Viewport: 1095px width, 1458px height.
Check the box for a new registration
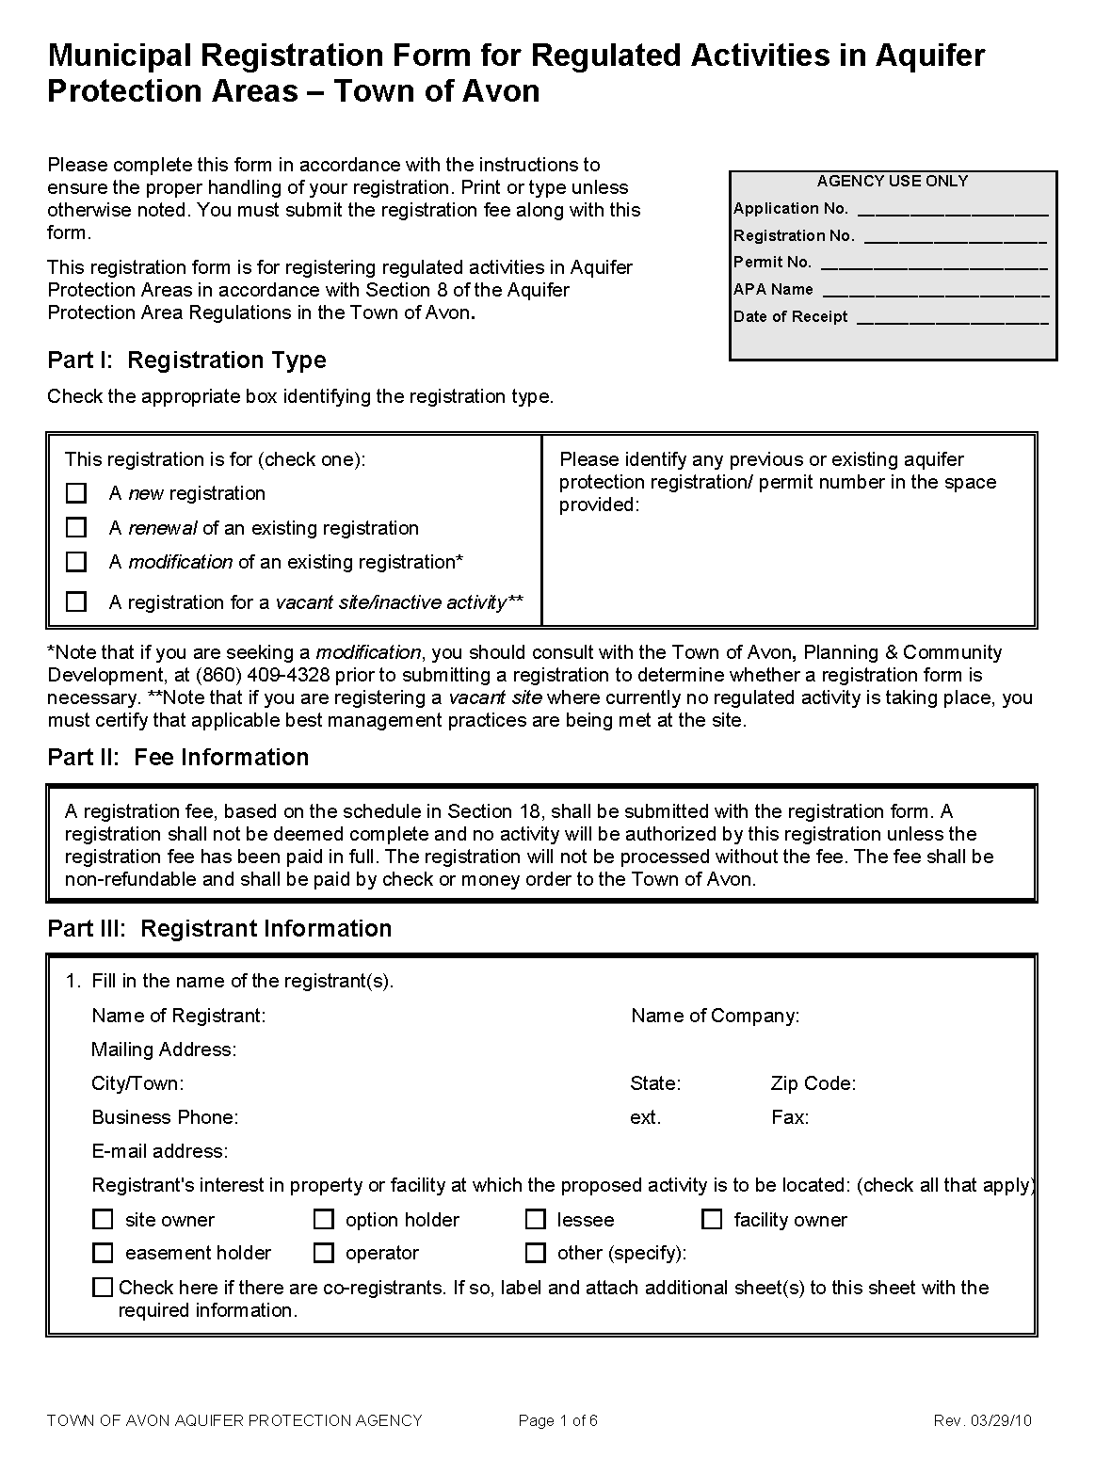(x=76, y=493)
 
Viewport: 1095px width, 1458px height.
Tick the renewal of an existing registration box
(x=76, y=528)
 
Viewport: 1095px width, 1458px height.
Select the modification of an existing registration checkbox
(x=76, y=562)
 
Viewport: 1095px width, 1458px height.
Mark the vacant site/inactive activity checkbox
(x=76, y=601)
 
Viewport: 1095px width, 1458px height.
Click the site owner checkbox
(x=103, y=1220)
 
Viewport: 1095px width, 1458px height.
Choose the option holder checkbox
(x=324, y=1220)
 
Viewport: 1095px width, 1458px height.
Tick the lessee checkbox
(x=536, y=1220)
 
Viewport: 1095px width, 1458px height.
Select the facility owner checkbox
(x=713, y=1220)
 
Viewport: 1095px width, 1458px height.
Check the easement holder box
(x=103, y=1253)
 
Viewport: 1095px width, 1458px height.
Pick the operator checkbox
(x=324, y=1253)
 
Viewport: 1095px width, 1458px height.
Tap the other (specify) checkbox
(x=536, y=1253)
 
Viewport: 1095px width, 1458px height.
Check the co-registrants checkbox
(x=103, y=1287)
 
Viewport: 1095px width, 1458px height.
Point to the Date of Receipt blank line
(x=952, y=319)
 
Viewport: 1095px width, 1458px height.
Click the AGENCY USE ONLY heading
(x=892, y=181)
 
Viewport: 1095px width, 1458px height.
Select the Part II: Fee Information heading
(x=178, y=758)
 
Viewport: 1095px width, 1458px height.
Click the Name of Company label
(x=715, y=1016)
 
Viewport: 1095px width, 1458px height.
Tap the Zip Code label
(x=813, y=1083)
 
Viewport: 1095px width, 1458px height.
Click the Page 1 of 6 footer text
(x=557, y=1420)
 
